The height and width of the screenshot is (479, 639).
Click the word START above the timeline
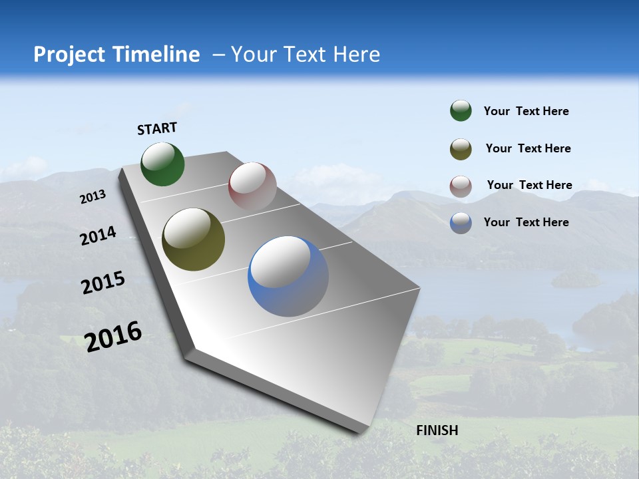click(x=157, y=128)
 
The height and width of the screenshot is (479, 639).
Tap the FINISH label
click(x=437, y=430)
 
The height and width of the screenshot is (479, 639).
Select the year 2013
click(x=93, y=197)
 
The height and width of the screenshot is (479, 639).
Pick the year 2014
click(x=99, y=236)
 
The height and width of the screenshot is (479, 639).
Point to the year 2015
click(x=103, y=283)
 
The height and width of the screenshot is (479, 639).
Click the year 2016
click(x=114, y=337)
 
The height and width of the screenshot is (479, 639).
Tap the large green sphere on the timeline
click(x=163, y=164)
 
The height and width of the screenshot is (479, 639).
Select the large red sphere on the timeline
click(x=252, y=186)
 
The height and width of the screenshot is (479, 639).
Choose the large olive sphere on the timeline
click(x=194, y=239)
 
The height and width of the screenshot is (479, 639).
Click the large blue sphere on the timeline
click(x=288, y=276)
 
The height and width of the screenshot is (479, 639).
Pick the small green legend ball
click(x=461, y=111)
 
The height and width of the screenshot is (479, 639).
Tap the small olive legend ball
click(x=461, y=149)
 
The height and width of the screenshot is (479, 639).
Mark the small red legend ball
click(x=461, y=186)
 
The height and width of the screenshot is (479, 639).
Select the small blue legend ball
click(x=461, y=223)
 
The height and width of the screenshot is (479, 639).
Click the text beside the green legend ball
click(x=526, y=112)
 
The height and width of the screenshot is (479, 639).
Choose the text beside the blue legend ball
click(x=526, y=222)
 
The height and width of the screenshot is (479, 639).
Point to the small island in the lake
click(x=576, y=279)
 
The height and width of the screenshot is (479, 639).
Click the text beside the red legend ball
click(x=529, y=185)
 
